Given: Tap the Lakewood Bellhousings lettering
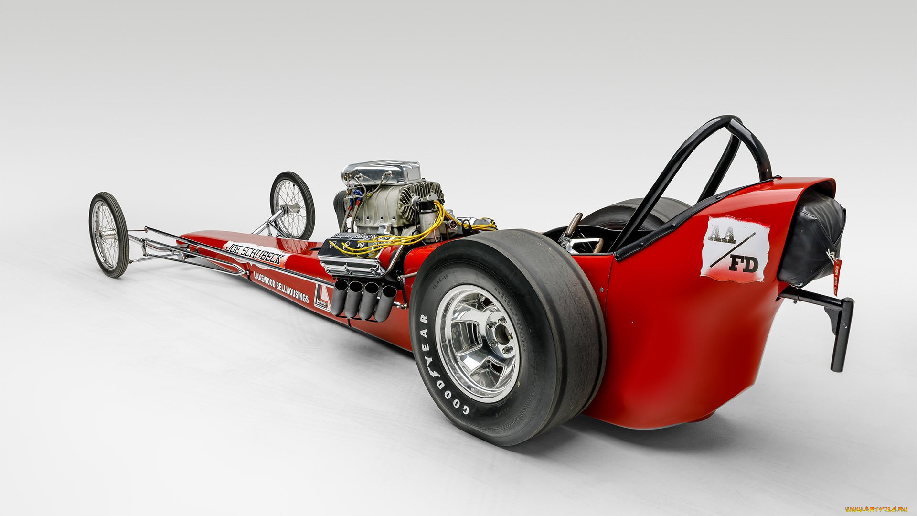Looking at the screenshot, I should pyautogui.click(x=281, y=287).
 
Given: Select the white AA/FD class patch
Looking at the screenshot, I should pyautogui.click(x=734, y=249).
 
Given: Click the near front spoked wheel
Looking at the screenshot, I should pyautogui.click(x=108, y=235).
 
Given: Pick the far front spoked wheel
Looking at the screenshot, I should pyautogui.click(x=292, y=205).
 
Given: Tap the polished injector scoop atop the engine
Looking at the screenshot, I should pyautogui.click(x=382, y=172).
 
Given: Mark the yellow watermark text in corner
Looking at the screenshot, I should pyautogui.click(x=876, y=509).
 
